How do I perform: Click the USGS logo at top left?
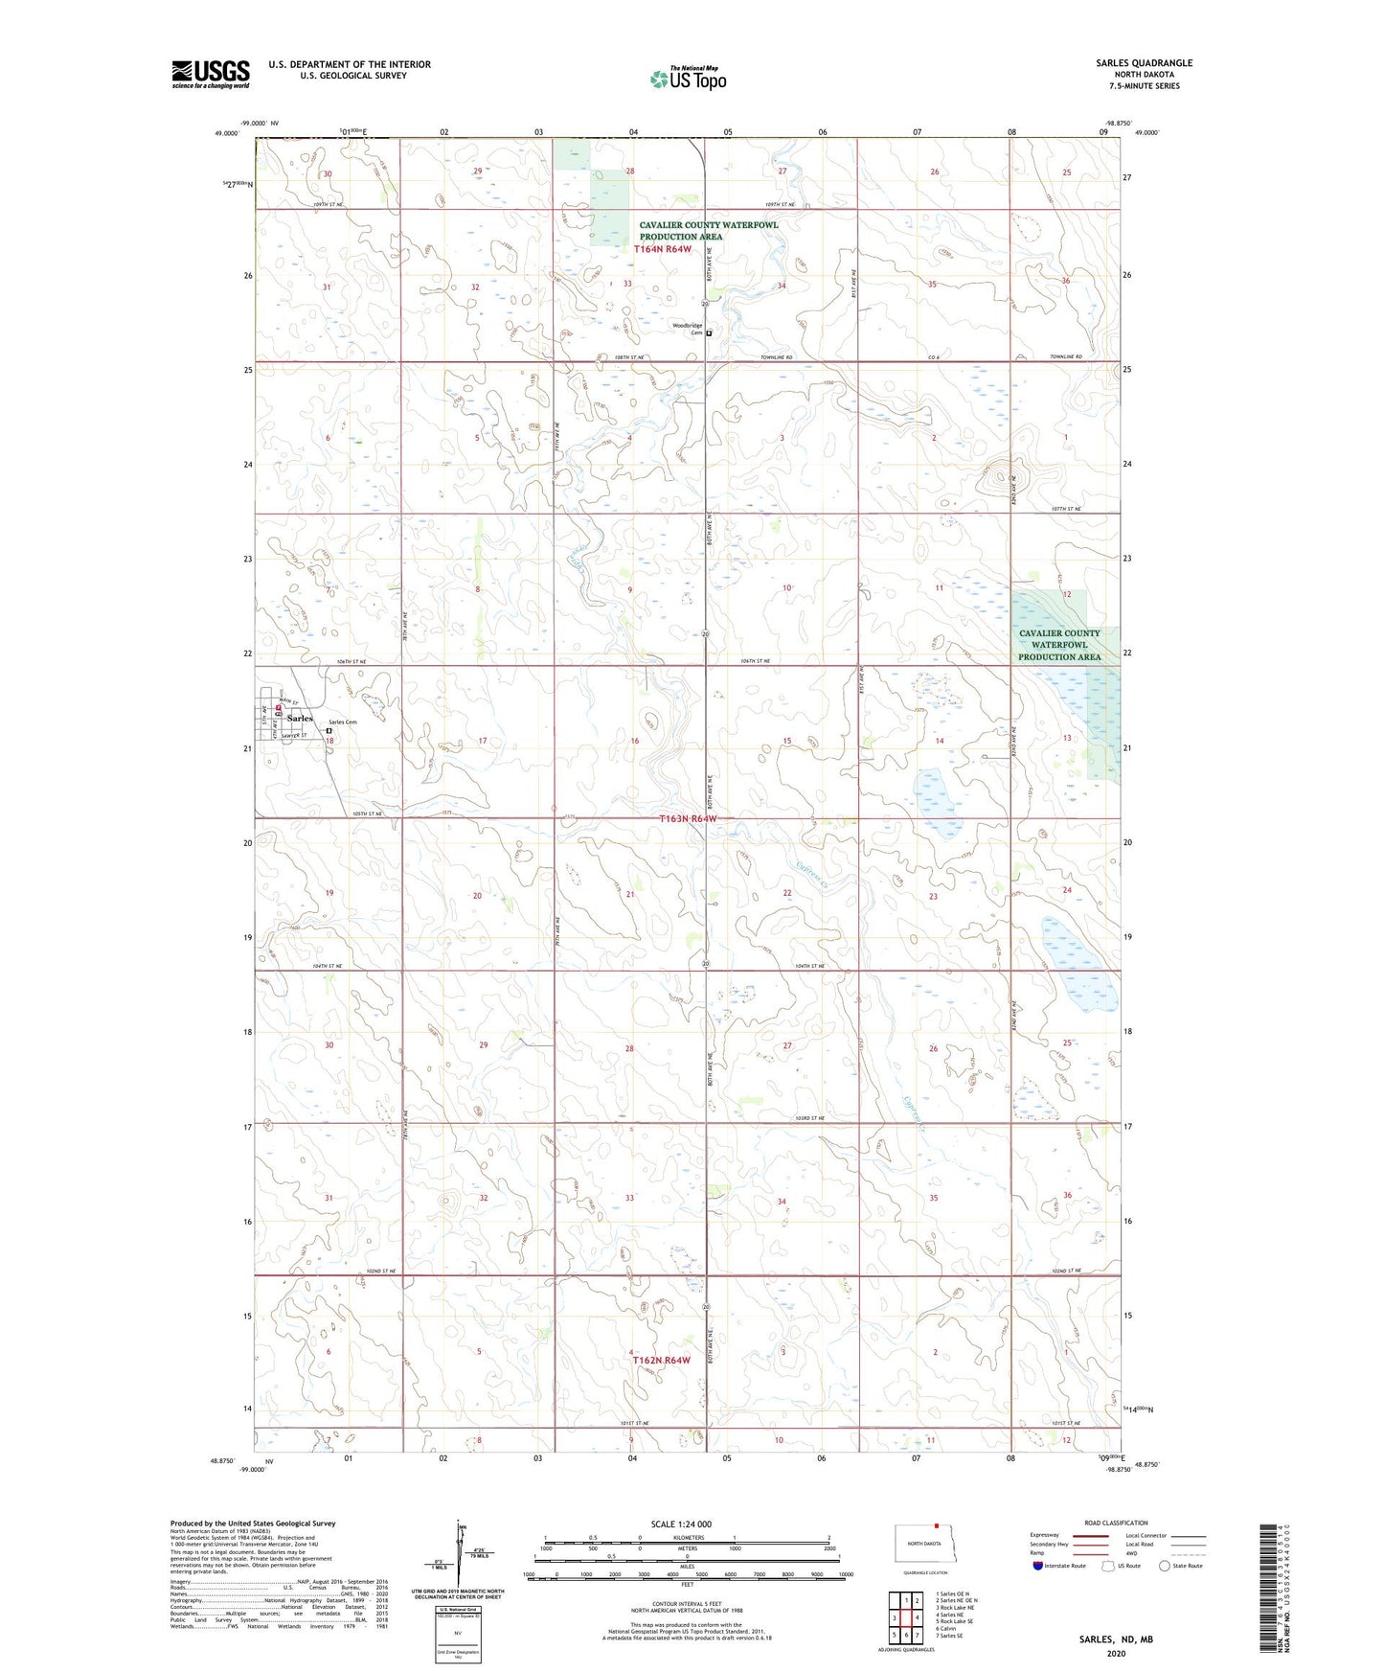click(x=210, y=74)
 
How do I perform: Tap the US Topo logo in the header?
click(x=688, y=79)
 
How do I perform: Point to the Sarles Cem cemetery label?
click(x=342, y=722)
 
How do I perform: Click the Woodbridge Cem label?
click(x=687, y=329)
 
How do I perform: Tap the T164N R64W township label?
click(x=662, y=249)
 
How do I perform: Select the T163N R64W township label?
click(x=688, y=819)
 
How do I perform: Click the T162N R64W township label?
click(x=661, y=1360)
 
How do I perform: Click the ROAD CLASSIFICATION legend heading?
click(x=1116, y=1523)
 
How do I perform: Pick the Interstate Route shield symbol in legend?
click(x=1038, y=1566)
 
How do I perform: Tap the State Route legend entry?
click(x=1180, y=1566)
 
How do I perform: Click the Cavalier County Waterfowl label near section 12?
click(x=1059, y=645)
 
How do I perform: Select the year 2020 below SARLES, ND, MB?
click(x=1116, y=1653)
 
